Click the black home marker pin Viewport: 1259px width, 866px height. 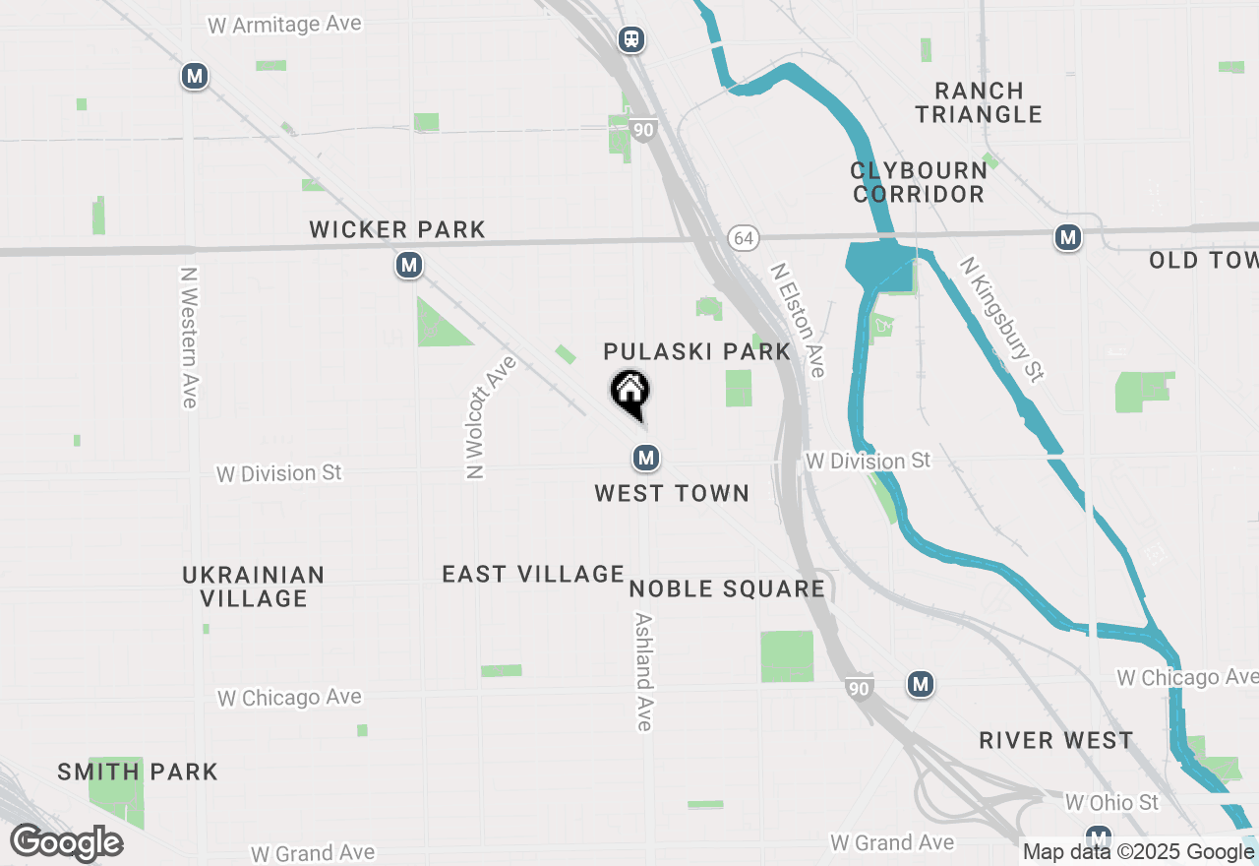(630, 392)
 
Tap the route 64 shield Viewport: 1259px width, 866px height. (744, 238)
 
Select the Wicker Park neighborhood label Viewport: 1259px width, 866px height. (397, 230)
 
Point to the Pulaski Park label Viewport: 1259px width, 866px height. (697, 352)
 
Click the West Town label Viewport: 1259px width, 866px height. (672, 494)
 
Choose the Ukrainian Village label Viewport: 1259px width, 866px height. (254, 587)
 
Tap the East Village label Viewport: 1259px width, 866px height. (533, 575)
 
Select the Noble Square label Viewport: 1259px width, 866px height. (727, 589)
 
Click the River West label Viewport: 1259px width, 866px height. (1056, 741)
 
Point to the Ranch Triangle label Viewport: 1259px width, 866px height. (979, 102)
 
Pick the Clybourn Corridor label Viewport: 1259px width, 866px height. (919, 182)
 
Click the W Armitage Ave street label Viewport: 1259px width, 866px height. (284, 24)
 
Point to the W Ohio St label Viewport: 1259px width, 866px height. (1111, 803)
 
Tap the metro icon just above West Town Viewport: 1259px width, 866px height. (645, 458)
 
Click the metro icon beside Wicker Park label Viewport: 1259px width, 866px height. (409, 266)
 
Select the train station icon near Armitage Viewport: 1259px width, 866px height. (631, 39)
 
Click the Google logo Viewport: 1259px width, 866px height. (67, 843)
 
